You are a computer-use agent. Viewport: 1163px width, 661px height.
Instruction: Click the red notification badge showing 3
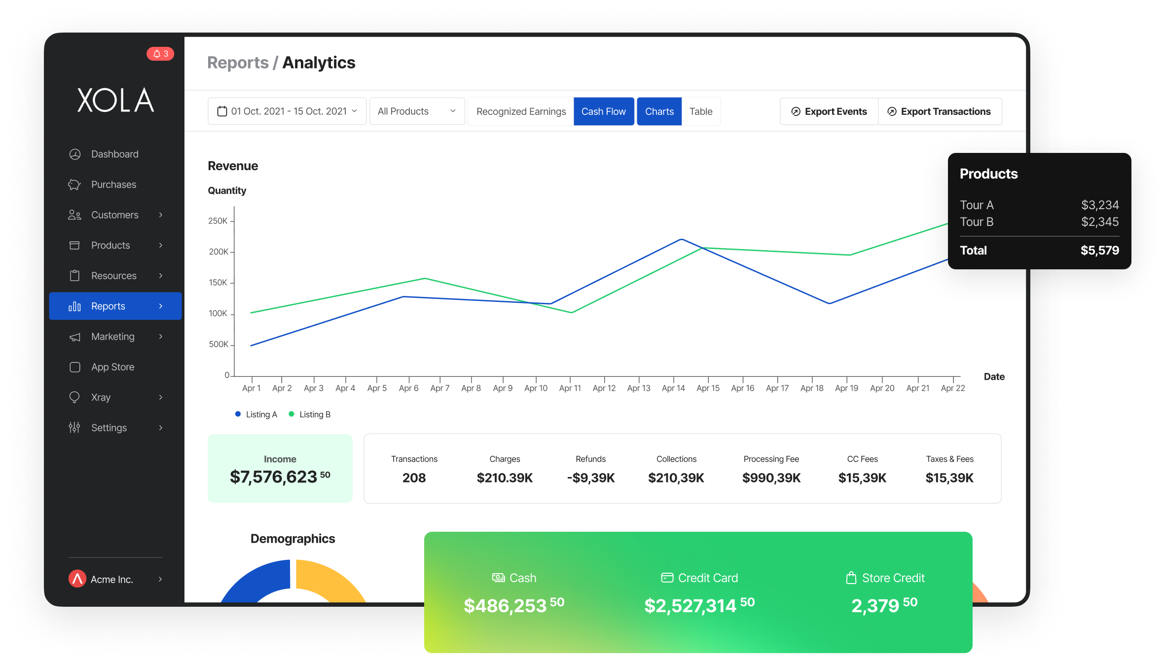[160, 54]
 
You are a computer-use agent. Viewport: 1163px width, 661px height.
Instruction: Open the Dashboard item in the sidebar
[114, 154]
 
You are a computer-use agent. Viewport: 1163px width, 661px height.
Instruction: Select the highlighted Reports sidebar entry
[115, 306]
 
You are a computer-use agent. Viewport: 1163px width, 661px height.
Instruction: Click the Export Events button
[829, 112]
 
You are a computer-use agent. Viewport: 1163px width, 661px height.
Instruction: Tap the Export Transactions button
[940, 112]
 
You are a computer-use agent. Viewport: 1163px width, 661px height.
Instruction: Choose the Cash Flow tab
[603, 112]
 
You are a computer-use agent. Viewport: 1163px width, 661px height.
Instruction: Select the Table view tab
[700, 112]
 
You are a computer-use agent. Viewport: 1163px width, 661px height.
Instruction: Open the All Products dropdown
[417, 112]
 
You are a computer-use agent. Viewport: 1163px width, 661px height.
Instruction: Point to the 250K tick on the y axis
[218, 221]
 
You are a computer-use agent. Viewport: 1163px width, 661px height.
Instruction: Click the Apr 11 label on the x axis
[570, 388]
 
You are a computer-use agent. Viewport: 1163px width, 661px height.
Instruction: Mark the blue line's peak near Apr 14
[682, 239]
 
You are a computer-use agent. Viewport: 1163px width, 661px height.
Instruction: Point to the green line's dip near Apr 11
[571, 312]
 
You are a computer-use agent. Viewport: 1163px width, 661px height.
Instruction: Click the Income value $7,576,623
[274, 477]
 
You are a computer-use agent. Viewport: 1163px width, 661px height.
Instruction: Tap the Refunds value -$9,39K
[590, 477]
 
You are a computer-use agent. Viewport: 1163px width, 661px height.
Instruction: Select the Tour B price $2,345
[1099, 222]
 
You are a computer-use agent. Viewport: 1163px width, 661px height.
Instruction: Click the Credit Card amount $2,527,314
[691, 606]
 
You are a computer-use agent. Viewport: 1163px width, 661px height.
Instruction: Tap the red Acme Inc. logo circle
[77, 579]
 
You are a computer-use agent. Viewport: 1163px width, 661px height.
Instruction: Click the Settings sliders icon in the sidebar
[74, 428]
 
